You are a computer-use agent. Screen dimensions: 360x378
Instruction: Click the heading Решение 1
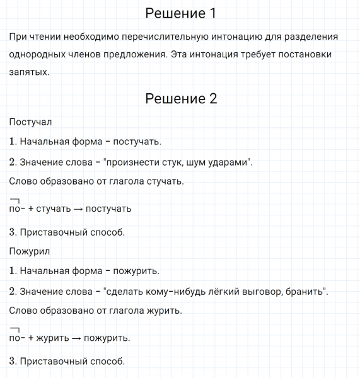click(x=180, y=13)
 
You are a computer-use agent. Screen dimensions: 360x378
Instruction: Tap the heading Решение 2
click(x=180, y=98)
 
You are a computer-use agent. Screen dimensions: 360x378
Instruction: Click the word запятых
click(x=29, y=72)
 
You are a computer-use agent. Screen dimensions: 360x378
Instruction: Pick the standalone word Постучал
click(x=31, y=121)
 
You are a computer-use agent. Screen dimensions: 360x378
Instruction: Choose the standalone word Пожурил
click(x=30, y=251)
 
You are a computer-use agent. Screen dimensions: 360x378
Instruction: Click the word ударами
click(x=229, y=163)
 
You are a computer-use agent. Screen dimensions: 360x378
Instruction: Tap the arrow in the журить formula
click(x=76, y=338)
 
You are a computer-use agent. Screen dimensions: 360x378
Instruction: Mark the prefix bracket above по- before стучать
click(x=15, y=200)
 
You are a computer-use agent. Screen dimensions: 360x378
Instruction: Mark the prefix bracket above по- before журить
click(x=15, y=329)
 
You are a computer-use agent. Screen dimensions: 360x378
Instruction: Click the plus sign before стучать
click(x=31, y=209)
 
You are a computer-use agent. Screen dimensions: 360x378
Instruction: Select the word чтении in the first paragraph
click(x=45, y=37)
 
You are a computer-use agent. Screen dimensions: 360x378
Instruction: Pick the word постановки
click(x=305, y=55)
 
